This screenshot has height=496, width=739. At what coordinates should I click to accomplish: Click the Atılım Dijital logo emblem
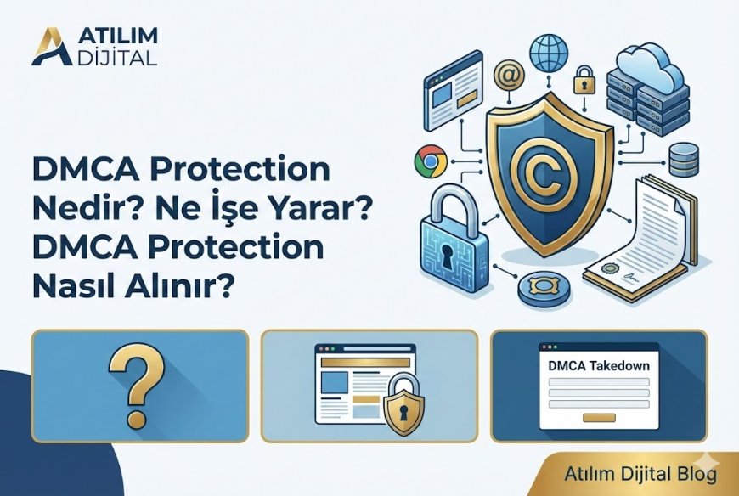49,46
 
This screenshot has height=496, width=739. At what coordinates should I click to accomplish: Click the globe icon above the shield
549,52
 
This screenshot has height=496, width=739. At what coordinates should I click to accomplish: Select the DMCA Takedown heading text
600,366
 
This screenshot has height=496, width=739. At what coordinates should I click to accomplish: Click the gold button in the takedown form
600,417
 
